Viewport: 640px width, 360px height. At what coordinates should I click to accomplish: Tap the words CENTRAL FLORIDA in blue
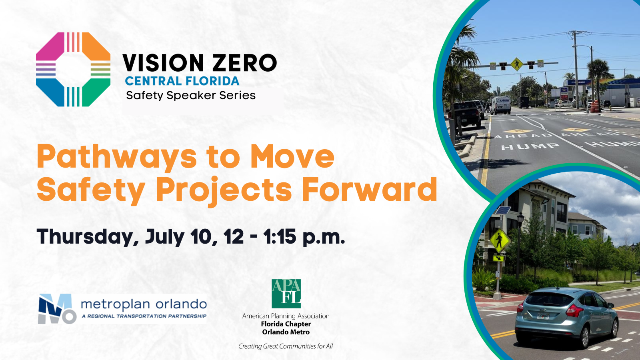(182, 81)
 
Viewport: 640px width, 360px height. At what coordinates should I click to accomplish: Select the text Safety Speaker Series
(190, 96)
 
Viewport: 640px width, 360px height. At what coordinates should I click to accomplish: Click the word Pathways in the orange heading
(117, 157)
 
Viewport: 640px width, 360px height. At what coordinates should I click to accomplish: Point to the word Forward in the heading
(370, 189)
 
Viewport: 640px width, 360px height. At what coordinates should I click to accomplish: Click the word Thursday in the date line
(88, 237)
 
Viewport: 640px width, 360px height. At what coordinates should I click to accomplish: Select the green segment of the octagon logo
(96, 92)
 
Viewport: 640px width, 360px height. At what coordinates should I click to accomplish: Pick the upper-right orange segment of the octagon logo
(96, 46)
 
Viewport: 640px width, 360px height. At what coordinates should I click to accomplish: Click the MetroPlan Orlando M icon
(57, 309)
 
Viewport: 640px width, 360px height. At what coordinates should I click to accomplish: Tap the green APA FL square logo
(286, 294)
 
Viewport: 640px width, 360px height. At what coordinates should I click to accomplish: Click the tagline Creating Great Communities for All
(286, 346)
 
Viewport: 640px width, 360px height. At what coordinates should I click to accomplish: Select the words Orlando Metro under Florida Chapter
(286, 332)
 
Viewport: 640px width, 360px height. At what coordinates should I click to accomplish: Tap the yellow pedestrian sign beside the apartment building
(500, 240)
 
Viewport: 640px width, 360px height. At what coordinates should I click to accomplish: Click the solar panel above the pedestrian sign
(503, 210)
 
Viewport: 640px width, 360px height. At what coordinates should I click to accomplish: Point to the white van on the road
(501, 105)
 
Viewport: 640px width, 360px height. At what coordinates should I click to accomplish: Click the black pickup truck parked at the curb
(466, 114)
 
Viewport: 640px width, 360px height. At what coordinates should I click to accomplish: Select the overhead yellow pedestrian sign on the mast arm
(516, 64)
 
